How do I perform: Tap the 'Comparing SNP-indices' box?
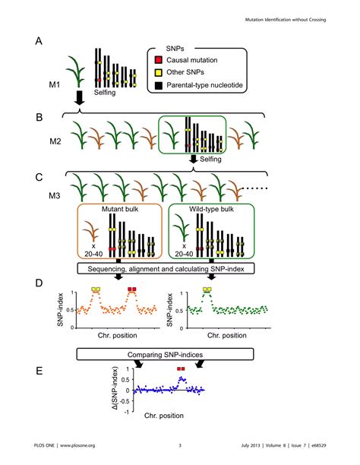pos(165,354)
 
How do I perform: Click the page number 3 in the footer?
pos(180,445)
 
